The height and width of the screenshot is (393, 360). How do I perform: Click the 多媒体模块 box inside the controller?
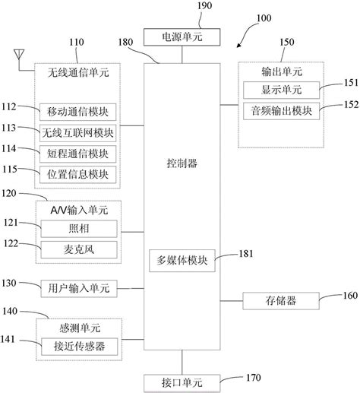coord(180,261)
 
